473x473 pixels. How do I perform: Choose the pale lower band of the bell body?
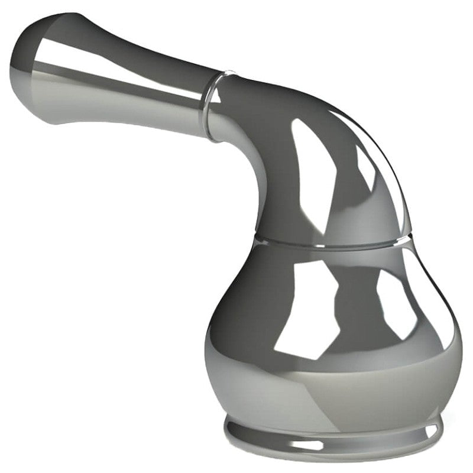coord(331,384)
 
